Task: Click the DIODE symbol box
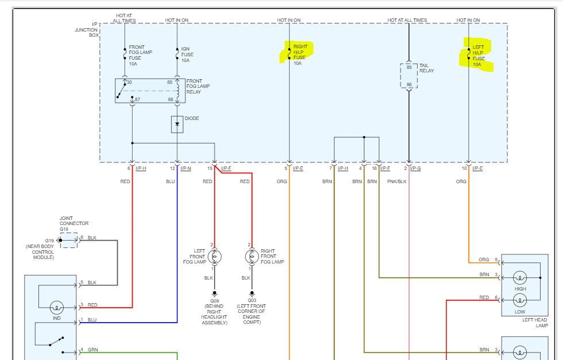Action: pos(177,124)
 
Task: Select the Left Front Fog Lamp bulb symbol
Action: pos(214,256)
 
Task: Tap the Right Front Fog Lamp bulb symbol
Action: pos(251,256)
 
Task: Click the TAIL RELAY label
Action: pos(426,68)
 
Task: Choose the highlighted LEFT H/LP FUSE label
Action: pos(478,56)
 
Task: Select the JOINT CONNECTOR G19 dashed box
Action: pos(68,239)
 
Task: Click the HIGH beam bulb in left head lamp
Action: pos(520,277)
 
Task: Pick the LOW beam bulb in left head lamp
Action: pos(520,300)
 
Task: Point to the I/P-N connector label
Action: pos(185,168)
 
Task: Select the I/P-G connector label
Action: pos(416,168)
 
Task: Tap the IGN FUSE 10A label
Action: pos(186,55)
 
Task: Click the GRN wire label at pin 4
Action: pos(92,349)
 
